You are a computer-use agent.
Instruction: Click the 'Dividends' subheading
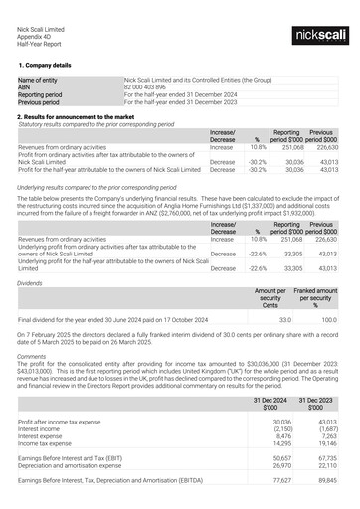point(31,283)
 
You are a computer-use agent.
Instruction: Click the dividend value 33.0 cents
point(284,320)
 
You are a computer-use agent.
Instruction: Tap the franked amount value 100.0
point(328,320)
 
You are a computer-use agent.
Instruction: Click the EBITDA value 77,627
point(281,479)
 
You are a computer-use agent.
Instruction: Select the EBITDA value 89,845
point(325,479)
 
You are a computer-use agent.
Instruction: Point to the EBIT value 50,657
point(281,456)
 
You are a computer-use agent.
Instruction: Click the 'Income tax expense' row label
point(48,442)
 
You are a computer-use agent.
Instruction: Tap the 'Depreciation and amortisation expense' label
point(77,463)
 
